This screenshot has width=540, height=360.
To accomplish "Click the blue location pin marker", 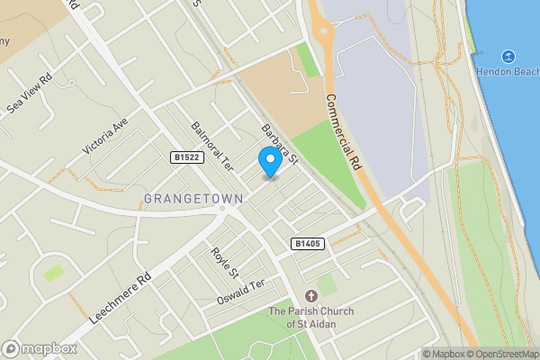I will coord(268,160).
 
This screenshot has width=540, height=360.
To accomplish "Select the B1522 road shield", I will coord(186,157).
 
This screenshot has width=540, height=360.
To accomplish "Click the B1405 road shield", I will coord(306,243).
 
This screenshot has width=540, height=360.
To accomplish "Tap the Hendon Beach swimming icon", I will coord(508,56).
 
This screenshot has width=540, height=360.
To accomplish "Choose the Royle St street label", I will coord(224,262).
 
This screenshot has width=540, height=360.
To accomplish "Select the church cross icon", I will coord(311,296).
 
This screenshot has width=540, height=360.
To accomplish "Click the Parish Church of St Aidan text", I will coord(311,317).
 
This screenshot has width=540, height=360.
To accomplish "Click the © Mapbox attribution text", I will coord(443,354).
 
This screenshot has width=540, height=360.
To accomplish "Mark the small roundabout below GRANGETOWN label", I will coord(222,209).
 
